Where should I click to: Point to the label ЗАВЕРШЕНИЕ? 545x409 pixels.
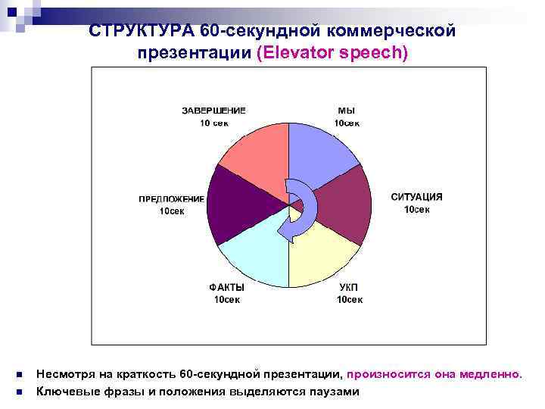213,110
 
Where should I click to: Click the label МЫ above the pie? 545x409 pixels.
346,110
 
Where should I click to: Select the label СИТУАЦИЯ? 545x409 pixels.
416,197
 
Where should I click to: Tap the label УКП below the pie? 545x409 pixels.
348,288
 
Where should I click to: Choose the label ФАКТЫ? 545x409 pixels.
226,288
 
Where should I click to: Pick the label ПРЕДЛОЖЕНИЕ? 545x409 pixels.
171,199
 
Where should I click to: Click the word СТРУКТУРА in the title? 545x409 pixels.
142,31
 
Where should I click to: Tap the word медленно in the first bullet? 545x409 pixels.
495,374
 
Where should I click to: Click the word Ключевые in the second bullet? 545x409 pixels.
64,392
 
